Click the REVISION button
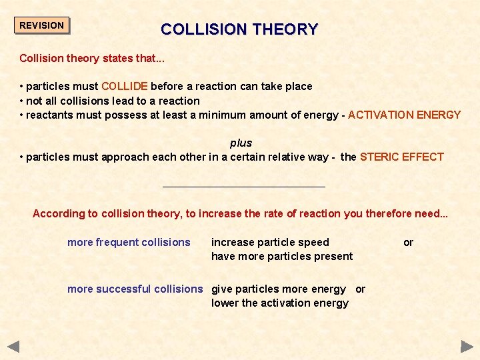[42, 25]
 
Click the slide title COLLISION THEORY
[239, 29]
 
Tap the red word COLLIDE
[125, 86]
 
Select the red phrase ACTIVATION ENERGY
[404, 115]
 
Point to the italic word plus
[241, 143]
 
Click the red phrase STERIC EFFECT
[401, 157]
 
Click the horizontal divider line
[244, 187]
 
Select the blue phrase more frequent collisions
[129, 242]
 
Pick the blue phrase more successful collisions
[135, 289]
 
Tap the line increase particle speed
[270, 242]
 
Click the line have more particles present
[282, 256]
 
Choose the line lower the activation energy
[280, 303]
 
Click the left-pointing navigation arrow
[13, 347]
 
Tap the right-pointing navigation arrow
[467, 347]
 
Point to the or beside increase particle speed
[408, 242]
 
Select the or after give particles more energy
[360, 289]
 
